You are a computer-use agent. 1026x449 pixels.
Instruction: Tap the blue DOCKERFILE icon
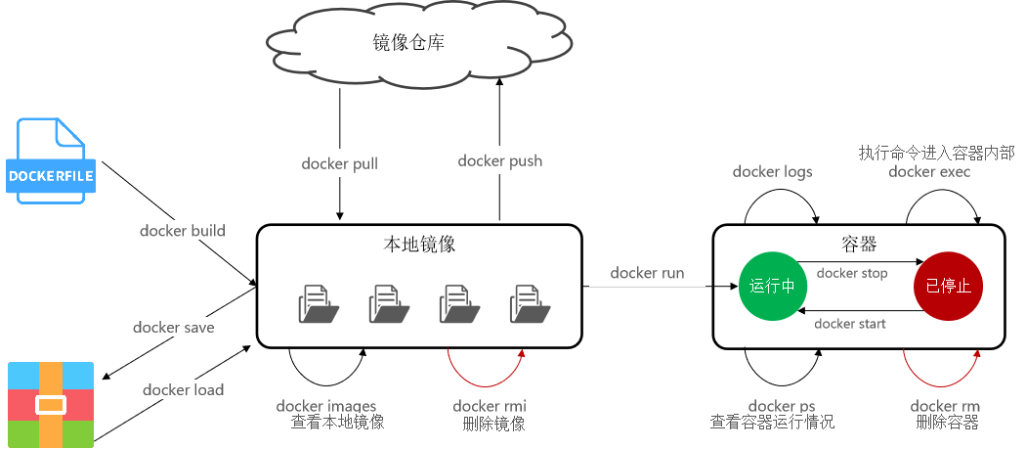[x=51, y=161]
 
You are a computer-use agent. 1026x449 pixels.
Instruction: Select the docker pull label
[x=339, y=163]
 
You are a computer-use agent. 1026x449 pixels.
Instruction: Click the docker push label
[x=499, y=160]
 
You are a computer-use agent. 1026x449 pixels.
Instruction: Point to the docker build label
[x=183, y=231]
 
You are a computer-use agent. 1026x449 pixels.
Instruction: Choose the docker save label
[x=174, y=327]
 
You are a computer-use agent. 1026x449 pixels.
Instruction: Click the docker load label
[x=184, y=389]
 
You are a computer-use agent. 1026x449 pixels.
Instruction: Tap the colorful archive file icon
[x=51, y=404]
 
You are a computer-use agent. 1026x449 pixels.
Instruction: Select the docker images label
[x=326, y=406]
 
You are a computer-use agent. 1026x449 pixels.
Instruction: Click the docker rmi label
[x=490, y=406]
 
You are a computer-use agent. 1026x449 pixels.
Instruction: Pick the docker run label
[x=647, y=273]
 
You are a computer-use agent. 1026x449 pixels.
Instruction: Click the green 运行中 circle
[x=773, y=286]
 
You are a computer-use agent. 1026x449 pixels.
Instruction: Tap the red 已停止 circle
[x=948, y=286]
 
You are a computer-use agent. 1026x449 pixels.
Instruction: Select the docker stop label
[x=853, y=273]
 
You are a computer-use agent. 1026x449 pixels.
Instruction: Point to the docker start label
[x=850, y=323]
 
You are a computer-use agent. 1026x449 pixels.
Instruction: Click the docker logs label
[x=773, y=172]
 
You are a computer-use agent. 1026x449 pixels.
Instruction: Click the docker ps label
[x=781, y=406]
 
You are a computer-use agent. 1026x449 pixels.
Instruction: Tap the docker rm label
[x=945, y=406]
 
